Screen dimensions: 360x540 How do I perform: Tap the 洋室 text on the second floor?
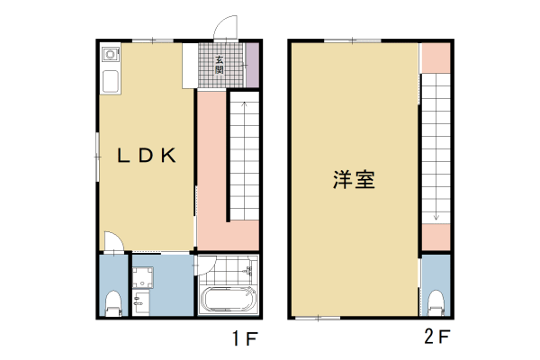tap(354, 178)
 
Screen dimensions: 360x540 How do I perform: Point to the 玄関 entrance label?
tap(219, 65)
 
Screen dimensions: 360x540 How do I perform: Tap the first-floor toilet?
tap(113, 302)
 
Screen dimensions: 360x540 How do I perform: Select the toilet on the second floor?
tap(436, 301)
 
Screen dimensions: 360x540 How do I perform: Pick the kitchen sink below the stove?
tap(110, 83)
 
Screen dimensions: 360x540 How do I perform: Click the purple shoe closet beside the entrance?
tap(253, 65)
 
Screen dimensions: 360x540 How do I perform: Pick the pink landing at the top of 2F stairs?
tap(436, 56)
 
